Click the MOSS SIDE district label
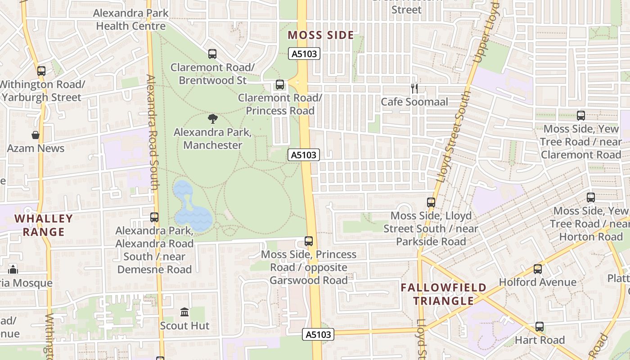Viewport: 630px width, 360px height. pos(320,35)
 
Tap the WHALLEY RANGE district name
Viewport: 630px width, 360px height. pos(44,225)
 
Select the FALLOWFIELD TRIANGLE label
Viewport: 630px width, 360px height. pos(444,294)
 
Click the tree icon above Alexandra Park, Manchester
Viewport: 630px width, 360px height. pos(213,119)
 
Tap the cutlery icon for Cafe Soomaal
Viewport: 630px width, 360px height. pos(414,89)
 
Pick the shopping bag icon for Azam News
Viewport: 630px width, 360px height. pos(36,135)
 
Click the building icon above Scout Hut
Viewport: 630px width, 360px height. pos(184,312)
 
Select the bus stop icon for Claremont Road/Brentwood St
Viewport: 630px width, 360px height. pos(212,54)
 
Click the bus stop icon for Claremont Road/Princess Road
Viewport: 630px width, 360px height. pos(280,85)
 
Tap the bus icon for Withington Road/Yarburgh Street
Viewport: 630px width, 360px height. pos(41,71)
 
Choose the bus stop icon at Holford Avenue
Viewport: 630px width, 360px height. pos(538,269)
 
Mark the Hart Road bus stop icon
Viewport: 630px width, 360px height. pos(540,327)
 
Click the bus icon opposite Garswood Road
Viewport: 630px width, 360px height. pos(309,241)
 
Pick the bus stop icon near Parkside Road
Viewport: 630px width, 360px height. pos(431,202)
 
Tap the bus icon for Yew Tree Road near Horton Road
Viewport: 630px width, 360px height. pos(591,197)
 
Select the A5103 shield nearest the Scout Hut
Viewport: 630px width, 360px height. pos(319,334)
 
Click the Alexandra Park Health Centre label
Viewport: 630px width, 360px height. pos(131,19)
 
